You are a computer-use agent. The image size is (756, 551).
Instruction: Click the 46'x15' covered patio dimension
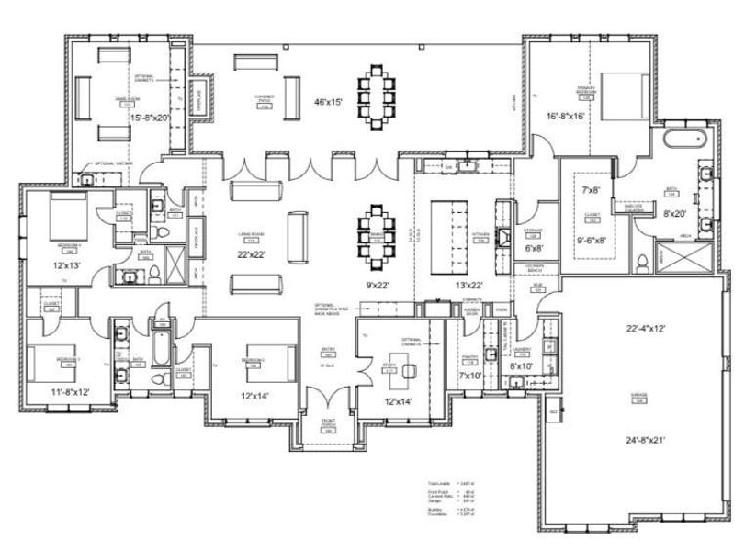point(326,102)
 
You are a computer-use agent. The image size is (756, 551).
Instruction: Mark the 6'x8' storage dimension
point(534,248)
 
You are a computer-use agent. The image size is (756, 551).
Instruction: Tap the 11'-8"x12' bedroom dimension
point(72,392)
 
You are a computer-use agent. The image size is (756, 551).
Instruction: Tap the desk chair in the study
point(409,371)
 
